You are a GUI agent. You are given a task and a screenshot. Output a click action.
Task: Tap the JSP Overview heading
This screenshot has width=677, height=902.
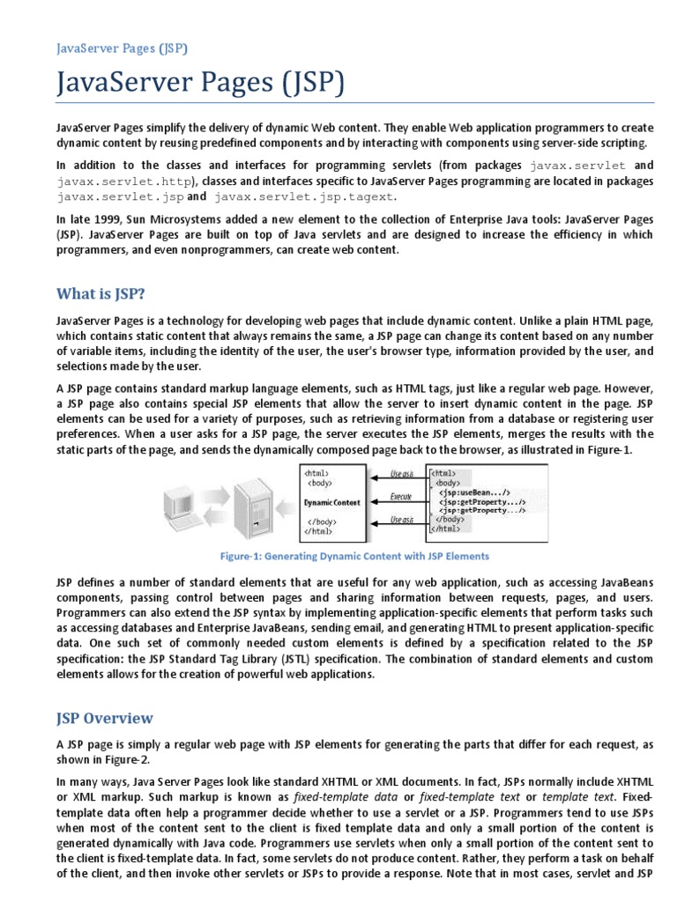tap(105, 718)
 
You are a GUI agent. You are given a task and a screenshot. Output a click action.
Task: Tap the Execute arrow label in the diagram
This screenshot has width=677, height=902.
tap(401, 497)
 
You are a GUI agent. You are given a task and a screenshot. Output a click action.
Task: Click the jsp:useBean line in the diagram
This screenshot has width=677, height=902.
tap(481, 492)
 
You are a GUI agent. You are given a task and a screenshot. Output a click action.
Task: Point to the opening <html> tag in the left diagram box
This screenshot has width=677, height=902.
tap(317, 472)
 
